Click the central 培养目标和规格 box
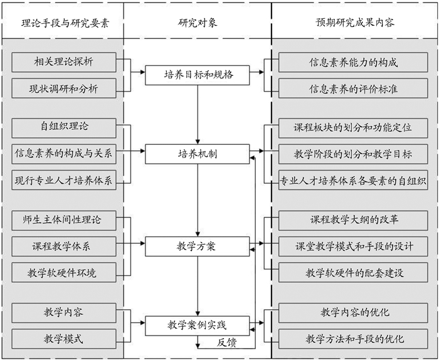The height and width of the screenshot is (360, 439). tap(198, 75)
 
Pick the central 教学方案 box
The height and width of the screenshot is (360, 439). tap(198, 246)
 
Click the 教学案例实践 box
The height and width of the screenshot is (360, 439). tap(198, 325)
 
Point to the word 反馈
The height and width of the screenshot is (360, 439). tap(227, 342)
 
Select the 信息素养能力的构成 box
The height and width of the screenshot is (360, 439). tap(354, 62)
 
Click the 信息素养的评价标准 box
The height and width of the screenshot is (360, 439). tap(354, 88)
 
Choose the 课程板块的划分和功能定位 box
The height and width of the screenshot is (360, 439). tap(354, 127)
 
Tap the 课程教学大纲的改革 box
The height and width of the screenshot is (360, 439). tap(354, 220)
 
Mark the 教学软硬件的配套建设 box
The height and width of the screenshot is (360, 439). tap(354, 272)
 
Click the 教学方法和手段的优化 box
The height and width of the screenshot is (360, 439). tap(354, 339)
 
